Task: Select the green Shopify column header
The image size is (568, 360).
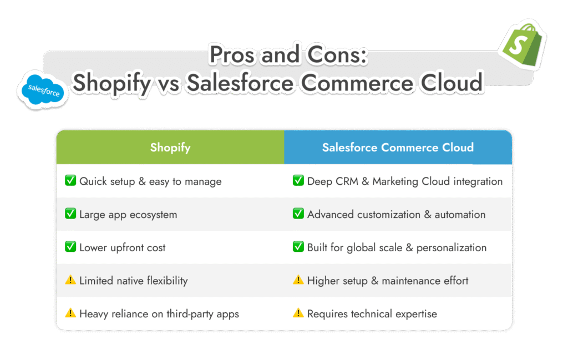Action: click(x=170, y=148)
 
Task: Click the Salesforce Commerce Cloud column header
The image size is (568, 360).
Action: click(x=398, y=148)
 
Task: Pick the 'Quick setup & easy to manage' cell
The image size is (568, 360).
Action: click(x=150, y=181)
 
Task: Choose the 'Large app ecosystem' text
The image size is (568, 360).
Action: click(x=128, y=214)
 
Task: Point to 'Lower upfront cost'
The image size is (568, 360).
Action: click(x=123, y=247)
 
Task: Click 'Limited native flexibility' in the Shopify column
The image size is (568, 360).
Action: click(x=134, y=281)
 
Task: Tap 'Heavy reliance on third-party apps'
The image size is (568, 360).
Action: click(x=159, y=314)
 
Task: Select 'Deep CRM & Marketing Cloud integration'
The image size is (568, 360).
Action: click(x=405, y=181)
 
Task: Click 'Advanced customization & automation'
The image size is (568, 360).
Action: click(x=397, y=214)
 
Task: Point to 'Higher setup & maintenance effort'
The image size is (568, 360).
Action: click(x=388, y=281)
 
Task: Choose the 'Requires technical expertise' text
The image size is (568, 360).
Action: click(x=372, y=314)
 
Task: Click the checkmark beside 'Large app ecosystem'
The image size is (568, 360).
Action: click(x=70, y=214)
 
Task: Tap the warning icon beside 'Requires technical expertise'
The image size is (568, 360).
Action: click(x=298, y=313)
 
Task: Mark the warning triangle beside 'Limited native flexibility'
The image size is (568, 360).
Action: click(x=70, y=280)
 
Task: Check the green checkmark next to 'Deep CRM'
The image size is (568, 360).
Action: click(x=298, y=181)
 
